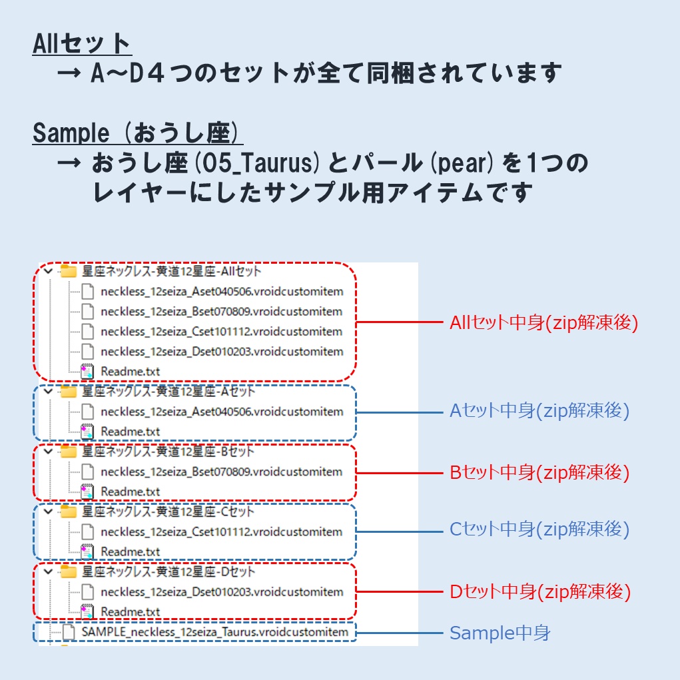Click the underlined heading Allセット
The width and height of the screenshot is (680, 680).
[x=82, y=44]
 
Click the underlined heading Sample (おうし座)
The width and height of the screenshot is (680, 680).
[x=137, y=133]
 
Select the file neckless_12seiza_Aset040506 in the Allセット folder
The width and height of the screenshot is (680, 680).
[x=222, y=292]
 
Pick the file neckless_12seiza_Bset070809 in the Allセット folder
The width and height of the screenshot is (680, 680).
[x=222, y=312]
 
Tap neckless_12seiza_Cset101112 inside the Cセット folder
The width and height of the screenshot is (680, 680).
[x=222, y=532]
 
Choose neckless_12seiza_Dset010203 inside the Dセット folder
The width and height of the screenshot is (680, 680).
[x=222, y=592]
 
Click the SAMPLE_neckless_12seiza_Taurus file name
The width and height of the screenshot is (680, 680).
[x=215, y=631]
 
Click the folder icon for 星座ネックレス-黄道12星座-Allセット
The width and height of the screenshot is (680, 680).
[x=69, y=272]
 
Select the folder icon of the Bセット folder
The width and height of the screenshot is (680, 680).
[x=69, y=452]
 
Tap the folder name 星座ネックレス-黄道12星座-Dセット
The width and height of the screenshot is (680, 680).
[x=169, y=572]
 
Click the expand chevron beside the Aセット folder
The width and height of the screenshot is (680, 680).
[x=47, y=392]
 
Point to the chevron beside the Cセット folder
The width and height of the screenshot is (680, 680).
[x=47, y=511]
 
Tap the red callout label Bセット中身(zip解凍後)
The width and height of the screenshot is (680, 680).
[x=539, y=473]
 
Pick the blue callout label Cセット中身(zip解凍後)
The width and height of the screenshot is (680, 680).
[x=539, y=529]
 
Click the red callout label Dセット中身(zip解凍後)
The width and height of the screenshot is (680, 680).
[x=540, y=591]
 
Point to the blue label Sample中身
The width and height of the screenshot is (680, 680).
[x=500, y=633]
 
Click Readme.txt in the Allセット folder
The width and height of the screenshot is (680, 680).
[x=131, y=372]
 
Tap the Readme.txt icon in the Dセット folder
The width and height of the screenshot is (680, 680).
[x=87, y=611]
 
